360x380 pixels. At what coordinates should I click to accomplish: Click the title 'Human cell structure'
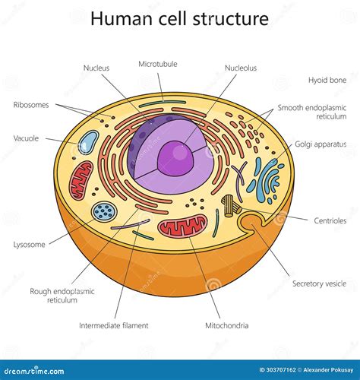[x=179, y=18]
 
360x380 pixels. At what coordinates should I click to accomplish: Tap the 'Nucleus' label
[x=96, y=68]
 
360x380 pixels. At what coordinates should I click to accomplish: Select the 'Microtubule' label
[x=157, y=64]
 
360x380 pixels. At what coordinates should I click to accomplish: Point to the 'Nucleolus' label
[x=240, y=68]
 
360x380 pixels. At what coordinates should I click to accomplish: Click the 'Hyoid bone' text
[x=328, y=79]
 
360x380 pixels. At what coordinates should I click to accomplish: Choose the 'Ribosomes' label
[x=30, y=104]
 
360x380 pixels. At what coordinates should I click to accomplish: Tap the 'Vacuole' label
[x=27, y=138]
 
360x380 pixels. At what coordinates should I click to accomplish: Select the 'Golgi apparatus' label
[x=321, y=144]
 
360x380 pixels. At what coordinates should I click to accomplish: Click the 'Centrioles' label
[x=330, y=221]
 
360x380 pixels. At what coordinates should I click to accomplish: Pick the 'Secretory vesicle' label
[x=319, y=283]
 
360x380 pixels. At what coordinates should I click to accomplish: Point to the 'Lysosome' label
[x=29, y=245]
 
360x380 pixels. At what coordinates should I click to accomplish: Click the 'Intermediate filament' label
[x=114, y=325]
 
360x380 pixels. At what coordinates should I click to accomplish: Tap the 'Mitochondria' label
[x=226, y=325]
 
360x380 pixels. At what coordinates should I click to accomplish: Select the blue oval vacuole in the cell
[x=89, y=142]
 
